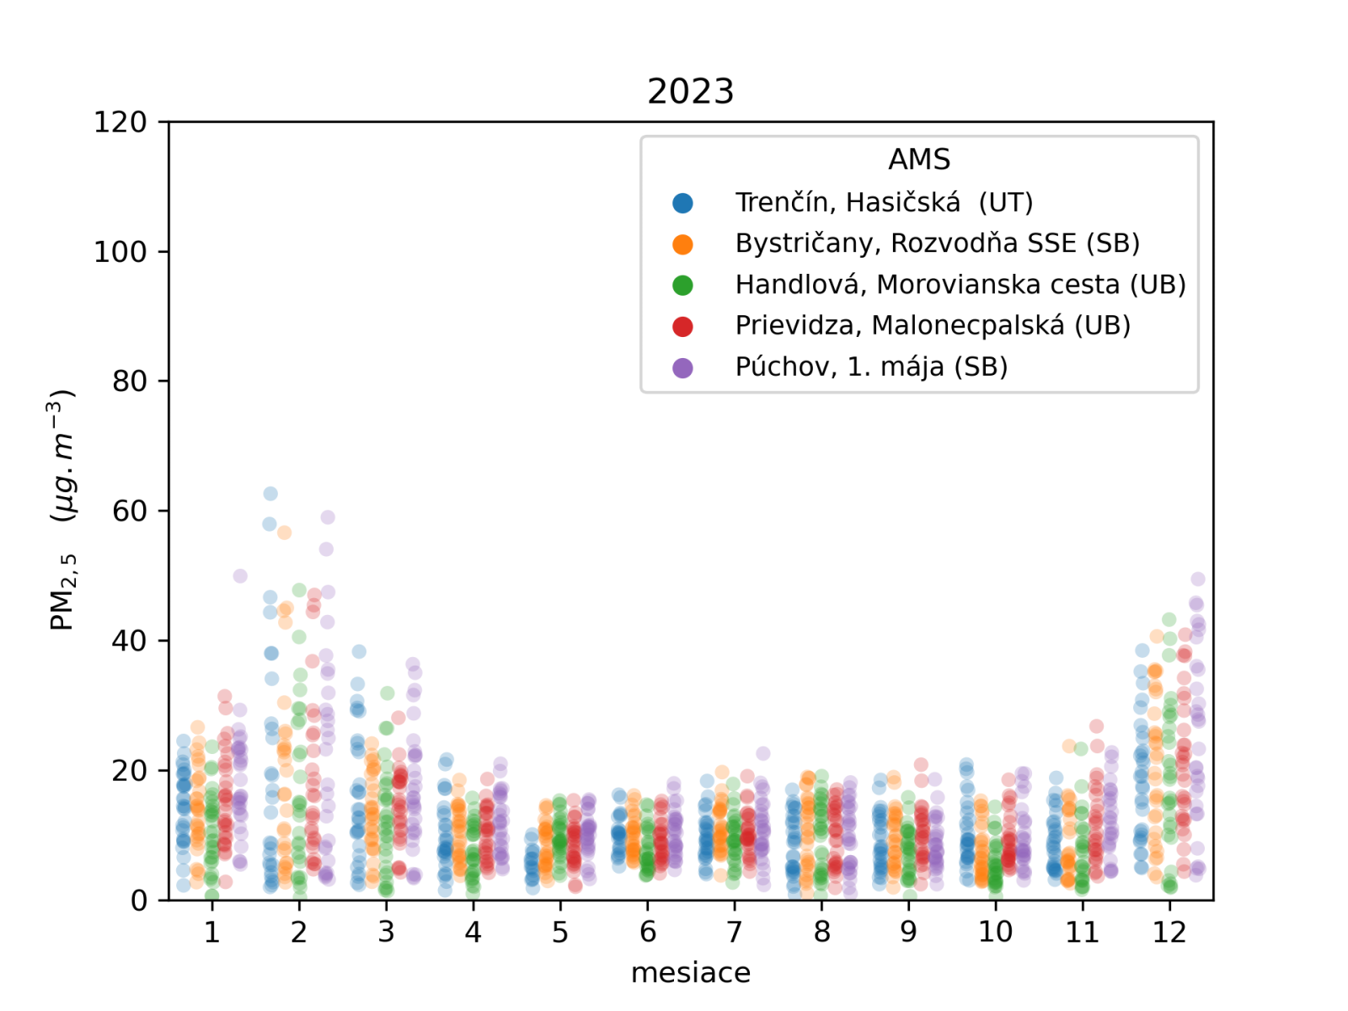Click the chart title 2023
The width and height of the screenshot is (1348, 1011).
pyautogui.click(x=690, y=91)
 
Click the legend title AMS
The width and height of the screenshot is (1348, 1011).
pyautogui.click(x=919, y=159)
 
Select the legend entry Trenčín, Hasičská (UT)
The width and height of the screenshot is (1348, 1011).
pyautogui.click(x=884, y=202)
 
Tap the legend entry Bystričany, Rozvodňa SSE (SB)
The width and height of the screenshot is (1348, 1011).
pyautogui.click(x=937, y=243)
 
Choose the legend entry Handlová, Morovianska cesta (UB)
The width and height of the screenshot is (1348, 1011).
pyautogui.click(x=960, y=285)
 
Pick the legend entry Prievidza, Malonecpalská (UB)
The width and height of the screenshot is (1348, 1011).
pyautogui.click(x=933, y=325)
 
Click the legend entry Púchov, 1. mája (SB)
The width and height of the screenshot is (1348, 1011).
pyautogui.click(x=871, y=366)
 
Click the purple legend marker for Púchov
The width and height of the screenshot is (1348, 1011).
pyautogui.click(x=682, y=367)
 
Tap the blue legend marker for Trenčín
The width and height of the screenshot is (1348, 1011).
pyautogui.click(x=682, y=203)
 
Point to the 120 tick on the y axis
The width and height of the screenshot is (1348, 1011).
pyautogui.click(x=120, y=122)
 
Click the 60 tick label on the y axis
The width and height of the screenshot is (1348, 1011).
pyautogui.click(x=129, y=511)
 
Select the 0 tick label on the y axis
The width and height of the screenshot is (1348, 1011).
pyautogui.click(x=139, y=901)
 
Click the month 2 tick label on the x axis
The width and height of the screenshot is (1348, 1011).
pyautogui.click(x=299, y=932)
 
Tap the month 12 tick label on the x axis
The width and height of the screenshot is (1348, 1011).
pyautogui.click(x=1169, y=932)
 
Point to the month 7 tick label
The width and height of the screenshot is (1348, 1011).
pyautogui.click(x=735, y=932)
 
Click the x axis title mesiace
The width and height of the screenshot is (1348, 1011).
pyautogui.click(x=690, y=972)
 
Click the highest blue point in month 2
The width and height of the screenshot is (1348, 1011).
pyautogui.click(x=270, y=494)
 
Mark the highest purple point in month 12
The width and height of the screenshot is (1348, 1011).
pyautogui.click(x=1198, y=579)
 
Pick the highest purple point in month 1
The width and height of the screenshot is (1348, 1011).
pyautogui.click(x=240, y=576)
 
